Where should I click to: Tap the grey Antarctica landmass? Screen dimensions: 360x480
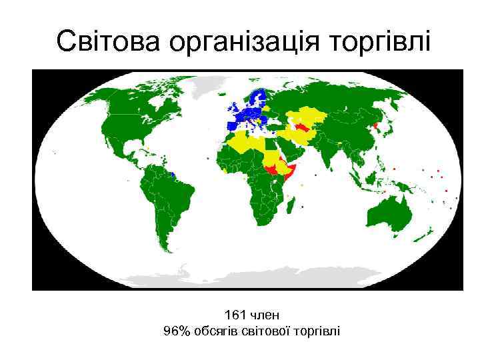[247, 280]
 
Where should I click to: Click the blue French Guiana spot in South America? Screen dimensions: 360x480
[173, 174]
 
